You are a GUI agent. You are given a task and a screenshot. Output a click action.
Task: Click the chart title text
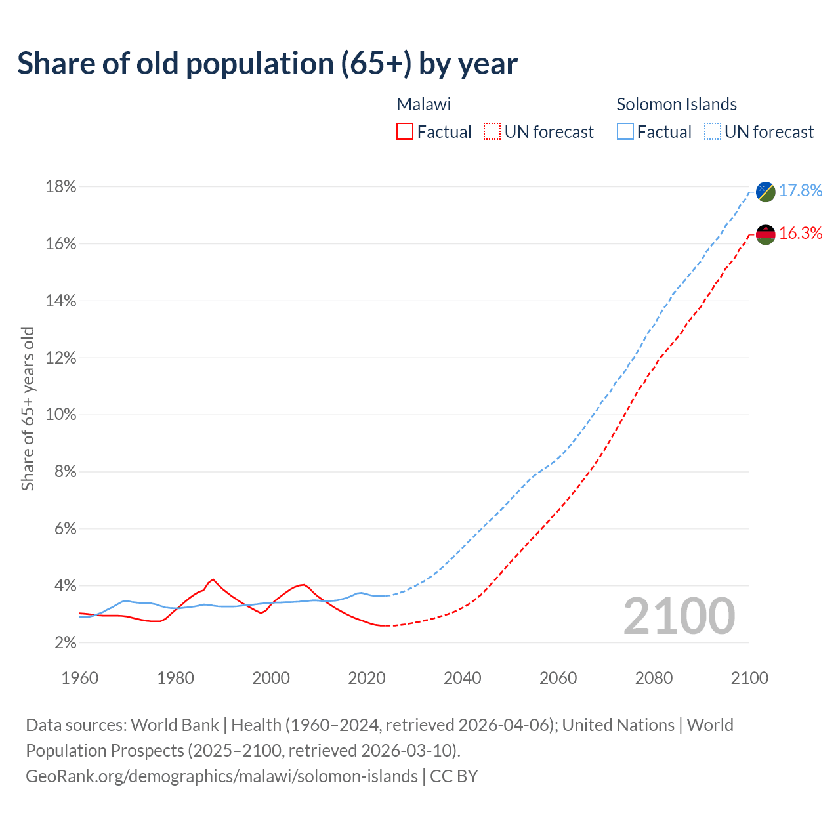267,64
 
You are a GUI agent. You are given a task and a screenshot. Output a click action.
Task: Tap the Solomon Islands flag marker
766,191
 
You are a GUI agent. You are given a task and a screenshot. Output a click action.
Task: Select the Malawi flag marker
766,234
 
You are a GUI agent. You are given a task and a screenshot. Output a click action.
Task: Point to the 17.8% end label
801,190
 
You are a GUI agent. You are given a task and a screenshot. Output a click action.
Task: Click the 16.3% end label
801,234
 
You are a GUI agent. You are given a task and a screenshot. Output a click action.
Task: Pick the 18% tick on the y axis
61,187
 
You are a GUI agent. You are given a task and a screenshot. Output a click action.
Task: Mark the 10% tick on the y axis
61,415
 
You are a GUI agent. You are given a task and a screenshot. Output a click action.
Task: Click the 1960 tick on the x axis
79,678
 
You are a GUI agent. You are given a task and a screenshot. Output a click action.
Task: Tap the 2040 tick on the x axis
463,678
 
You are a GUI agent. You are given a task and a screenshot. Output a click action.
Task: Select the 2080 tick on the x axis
654,678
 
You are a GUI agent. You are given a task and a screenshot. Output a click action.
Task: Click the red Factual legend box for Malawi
405,132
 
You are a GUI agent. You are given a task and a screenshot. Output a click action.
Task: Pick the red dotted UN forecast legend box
492,132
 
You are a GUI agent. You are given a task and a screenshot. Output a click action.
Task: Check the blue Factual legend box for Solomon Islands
625,132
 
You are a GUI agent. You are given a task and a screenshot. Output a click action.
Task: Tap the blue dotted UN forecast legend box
713,132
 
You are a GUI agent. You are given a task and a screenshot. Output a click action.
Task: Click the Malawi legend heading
424,104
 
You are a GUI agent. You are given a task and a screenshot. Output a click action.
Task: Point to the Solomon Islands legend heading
677,104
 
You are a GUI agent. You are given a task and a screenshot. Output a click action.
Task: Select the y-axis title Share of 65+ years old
28,409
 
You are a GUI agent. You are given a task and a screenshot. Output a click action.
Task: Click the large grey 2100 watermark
679,616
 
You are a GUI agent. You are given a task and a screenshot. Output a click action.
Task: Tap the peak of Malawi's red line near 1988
213,579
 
